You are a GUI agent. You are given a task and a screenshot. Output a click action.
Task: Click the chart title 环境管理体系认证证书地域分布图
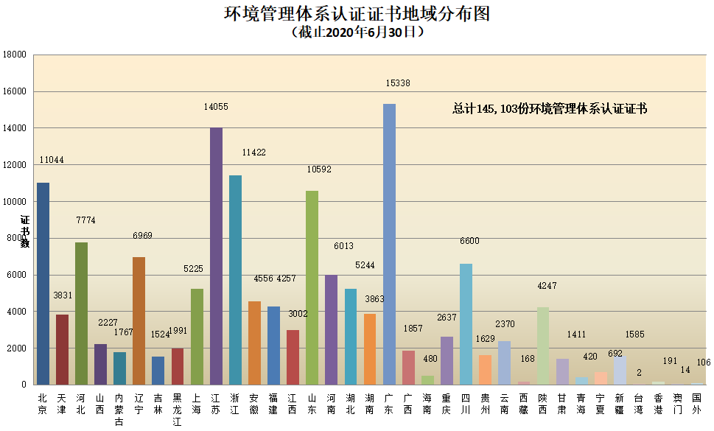pos(357,13)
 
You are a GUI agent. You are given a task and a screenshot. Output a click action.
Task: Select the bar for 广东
pos(389,244)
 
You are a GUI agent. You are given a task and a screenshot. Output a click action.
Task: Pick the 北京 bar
pos(43,283)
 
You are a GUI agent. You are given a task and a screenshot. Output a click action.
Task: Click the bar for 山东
pos(312,287)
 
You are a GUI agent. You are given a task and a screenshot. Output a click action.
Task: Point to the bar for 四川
pos(466,323)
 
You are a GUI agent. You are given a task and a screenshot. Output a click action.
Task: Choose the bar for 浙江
pos(235,279)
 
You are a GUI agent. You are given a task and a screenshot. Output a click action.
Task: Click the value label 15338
pos(398,83)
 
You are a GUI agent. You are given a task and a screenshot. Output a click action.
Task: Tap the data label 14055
pos(216,107)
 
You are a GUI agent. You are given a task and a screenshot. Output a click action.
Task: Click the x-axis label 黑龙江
pos(177,409)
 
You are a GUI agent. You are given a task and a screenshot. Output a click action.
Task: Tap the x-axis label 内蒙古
pos(119,409)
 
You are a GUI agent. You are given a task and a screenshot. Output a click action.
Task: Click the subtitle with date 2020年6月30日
pos(357,32)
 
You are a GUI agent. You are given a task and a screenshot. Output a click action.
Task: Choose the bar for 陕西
pos(543,346)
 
